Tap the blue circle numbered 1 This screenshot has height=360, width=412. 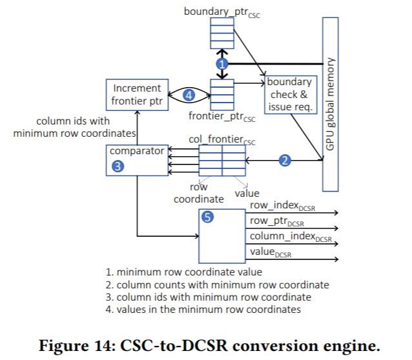pyautogui.click(x=222, y=65)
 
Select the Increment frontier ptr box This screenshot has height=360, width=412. pyautogui.click(x=136, y=94)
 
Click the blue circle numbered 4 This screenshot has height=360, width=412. pyautogui.click(x=189, y=95)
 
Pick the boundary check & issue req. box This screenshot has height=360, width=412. pyautogui.click(x=289, y=95)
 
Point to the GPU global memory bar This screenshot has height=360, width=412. pyautogui.click(x=330, y=105)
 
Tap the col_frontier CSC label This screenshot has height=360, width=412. pyautogui.click(x=221, y=139)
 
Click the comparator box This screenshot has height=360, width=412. pyautogui.click(x=136, y=159)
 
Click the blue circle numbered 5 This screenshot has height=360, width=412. pyautogui.click(x=208, y=217)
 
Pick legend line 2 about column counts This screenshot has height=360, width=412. pyautogui.click(x=218, y=285)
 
